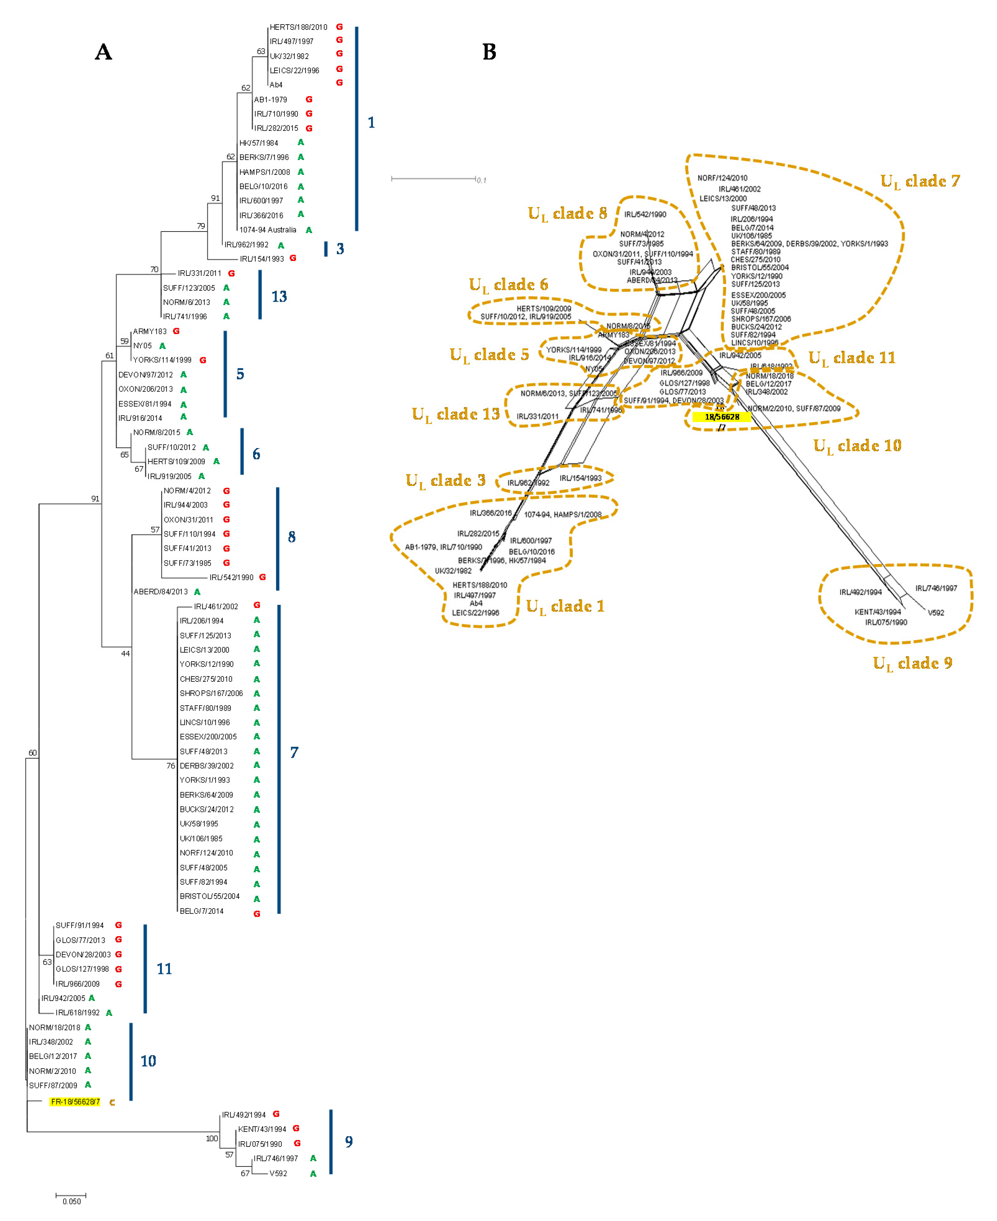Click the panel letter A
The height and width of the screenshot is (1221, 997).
point(103,52)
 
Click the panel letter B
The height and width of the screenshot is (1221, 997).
point(489,52)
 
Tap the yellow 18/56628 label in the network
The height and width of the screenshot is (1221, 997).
point(722,417)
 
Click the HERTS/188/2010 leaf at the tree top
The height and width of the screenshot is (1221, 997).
point(298,27)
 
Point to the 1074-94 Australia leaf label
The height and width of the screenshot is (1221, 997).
point(267,230)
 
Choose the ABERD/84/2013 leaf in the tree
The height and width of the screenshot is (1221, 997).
point(160,591)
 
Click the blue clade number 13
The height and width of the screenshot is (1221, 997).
point(279,296)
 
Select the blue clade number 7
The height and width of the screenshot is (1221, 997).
point(294,752)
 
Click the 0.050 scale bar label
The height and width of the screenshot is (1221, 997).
point(72,1201)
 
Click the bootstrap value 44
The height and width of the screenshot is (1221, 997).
point(125,653)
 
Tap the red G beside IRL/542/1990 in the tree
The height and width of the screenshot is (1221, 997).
point(263,577)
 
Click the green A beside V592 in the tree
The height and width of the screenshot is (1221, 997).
point(313,1174)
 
